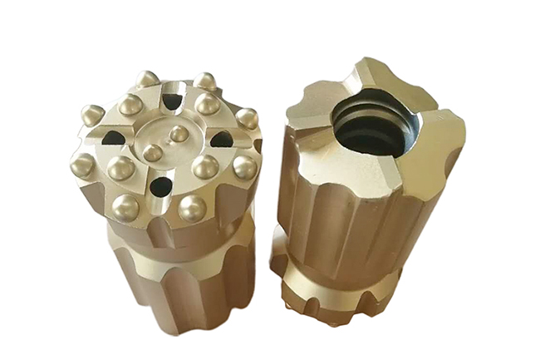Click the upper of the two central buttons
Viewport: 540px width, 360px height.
(178, 133)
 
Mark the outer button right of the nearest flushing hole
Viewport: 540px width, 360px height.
(191, 208)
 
